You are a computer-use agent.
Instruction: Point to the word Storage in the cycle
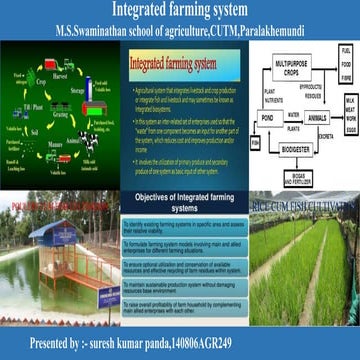pyautogui.click(x=77, y=96)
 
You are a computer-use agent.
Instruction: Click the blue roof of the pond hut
pyautogui.click(x=50, y=233)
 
